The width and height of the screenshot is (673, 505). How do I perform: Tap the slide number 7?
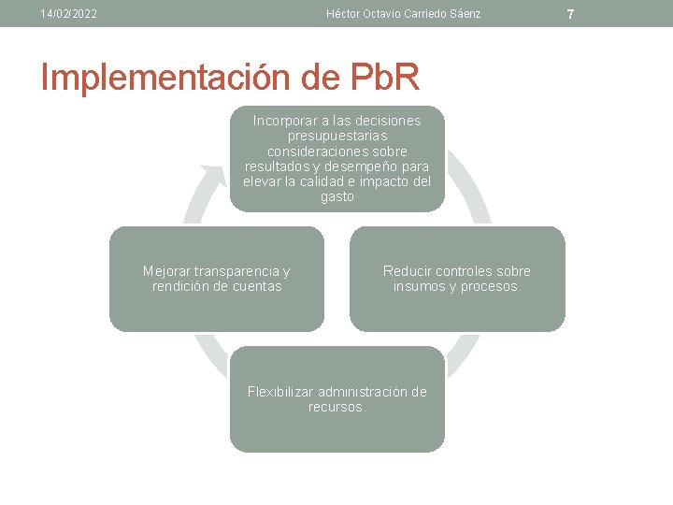pos(649,14)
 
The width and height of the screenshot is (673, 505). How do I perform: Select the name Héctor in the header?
pos(346,14)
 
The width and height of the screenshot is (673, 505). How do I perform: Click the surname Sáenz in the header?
pos(463,14)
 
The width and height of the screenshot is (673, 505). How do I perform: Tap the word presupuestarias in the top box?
pos(337,136)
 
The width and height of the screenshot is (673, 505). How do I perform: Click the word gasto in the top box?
pos(337,197)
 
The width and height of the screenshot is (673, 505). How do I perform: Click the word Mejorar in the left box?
pos(167,271)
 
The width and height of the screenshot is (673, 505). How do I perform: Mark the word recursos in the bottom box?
pos(337,407)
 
